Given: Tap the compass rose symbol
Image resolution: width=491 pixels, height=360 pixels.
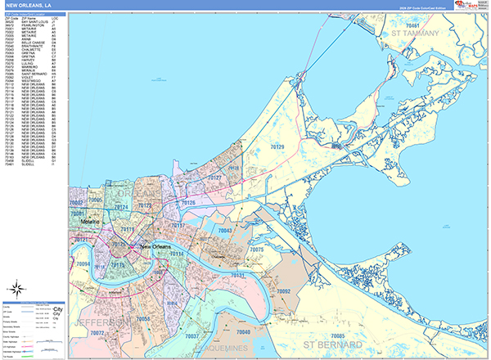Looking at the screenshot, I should tap(16, 288).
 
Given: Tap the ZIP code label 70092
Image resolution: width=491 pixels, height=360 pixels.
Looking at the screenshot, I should tap(284, 291).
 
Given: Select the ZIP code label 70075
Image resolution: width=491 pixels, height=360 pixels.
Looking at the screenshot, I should tap(256, 249).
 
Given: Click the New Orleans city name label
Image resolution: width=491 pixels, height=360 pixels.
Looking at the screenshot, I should tap(159, 246).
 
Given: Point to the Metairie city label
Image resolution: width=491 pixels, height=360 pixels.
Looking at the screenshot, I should tap(89, 222).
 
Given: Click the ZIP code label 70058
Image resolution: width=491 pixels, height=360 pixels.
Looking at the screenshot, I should tap(142, 318).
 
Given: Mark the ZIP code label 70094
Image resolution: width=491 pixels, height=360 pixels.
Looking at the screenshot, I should tap(83, 264).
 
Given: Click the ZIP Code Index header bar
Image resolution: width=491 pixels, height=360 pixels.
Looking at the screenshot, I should tap(34, 15).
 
